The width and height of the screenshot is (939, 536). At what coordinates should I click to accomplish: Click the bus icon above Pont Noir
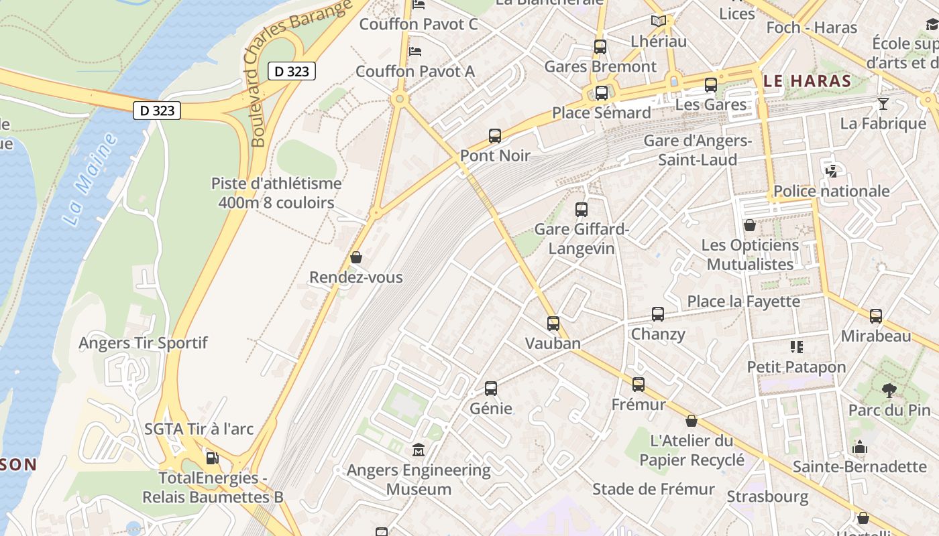coord(495,136)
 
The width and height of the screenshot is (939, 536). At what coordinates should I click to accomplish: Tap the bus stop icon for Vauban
coord(553,324)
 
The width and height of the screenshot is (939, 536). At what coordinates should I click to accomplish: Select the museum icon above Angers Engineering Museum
coord(419,450)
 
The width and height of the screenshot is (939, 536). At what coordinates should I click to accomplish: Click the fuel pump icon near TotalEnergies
coord(212,458)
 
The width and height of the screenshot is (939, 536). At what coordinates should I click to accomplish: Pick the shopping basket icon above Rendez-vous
coord(356,257)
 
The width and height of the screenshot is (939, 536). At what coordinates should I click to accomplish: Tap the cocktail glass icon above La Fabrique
coord(883,103)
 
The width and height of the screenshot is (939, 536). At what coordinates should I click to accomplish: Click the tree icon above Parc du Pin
coord(889,390)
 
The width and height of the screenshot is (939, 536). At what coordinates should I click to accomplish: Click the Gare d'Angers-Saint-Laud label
coord(698,150)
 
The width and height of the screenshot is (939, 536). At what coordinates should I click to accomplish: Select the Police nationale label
coord(832,191)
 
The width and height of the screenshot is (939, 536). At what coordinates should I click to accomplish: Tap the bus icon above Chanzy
coord(658,314)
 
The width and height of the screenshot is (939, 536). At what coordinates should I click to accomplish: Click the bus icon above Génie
coord(491,389)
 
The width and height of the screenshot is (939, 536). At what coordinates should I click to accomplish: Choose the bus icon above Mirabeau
coord(876,316)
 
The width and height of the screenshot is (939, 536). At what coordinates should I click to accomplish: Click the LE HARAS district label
coord(808,82)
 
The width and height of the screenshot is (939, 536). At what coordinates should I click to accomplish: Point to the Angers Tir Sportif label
coord(143,343)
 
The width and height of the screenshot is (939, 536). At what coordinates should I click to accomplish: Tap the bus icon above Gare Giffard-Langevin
coord(582,210)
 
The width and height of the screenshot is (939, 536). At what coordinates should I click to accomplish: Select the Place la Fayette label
coord(744,301)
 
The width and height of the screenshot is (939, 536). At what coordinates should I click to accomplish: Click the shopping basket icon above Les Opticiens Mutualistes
coord(750,225)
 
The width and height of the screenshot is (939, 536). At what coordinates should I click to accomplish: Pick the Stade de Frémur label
coord(653,489)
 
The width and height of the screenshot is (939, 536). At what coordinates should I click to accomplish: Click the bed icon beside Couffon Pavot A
coord(415,51)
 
